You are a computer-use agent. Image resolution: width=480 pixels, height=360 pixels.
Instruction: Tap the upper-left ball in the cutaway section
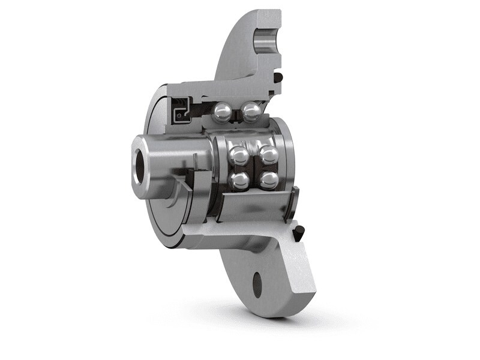click(x=223, y=111)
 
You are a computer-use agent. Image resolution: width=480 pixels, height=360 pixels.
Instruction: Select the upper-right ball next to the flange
click(x=251, y=111)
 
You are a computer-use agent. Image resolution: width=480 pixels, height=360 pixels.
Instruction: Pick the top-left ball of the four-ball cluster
click(x=238, y=155)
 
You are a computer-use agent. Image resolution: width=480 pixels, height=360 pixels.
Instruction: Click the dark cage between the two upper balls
click(x=237, y=112)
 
